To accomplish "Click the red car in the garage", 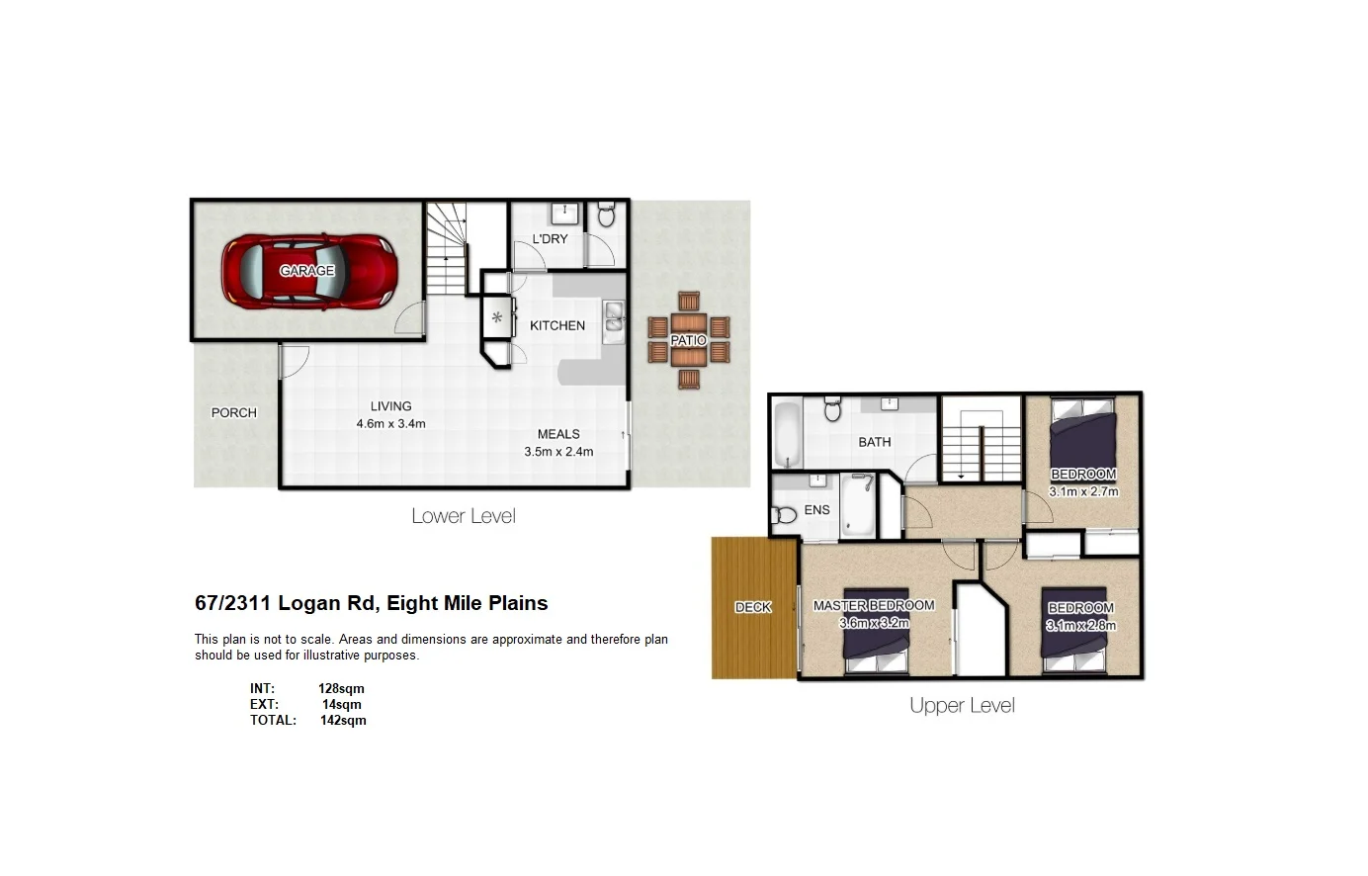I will click(x=309, y=270).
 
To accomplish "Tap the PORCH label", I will click(x=233, y=412).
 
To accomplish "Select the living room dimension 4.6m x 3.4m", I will click(x=390, y=424).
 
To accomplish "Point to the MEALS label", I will click(x=558, y=434).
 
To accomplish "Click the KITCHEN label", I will click(x=557, y=325).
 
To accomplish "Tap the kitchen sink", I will click(x=614, y=315).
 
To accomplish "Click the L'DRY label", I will click(x=550, y=239).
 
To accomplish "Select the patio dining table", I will click(x=689, y=339).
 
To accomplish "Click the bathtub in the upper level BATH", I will click(x=787, y=433).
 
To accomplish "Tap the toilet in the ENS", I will click(x=786, y=514).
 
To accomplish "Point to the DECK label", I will click(x=752, y=607).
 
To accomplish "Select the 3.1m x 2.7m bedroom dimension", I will click(x=1083, y=491).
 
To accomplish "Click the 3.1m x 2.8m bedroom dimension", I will click(x=1081, y=625).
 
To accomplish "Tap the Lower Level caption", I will click(x=464, y=516).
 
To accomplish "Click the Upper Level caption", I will click(x=962, y=706).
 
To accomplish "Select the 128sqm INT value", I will click(x=341, y=688).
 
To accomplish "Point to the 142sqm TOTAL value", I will click(x=343, y=720).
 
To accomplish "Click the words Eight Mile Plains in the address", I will click(x=467, y=603).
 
